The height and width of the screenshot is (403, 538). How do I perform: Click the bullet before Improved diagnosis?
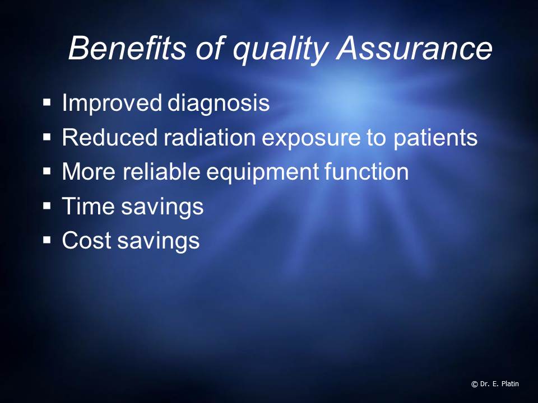point(47,103)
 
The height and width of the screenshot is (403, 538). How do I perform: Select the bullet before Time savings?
point(47,207)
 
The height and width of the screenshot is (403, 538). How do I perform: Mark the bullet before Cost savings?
point(47,241)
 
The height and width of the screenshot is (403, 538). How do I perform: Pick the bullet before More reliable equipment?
point(47,172)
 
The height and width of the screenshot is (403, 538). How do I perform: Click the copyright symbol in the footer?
point(475,384)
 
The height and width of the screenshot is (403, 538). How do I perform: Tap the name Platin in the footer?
point(511,384)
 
